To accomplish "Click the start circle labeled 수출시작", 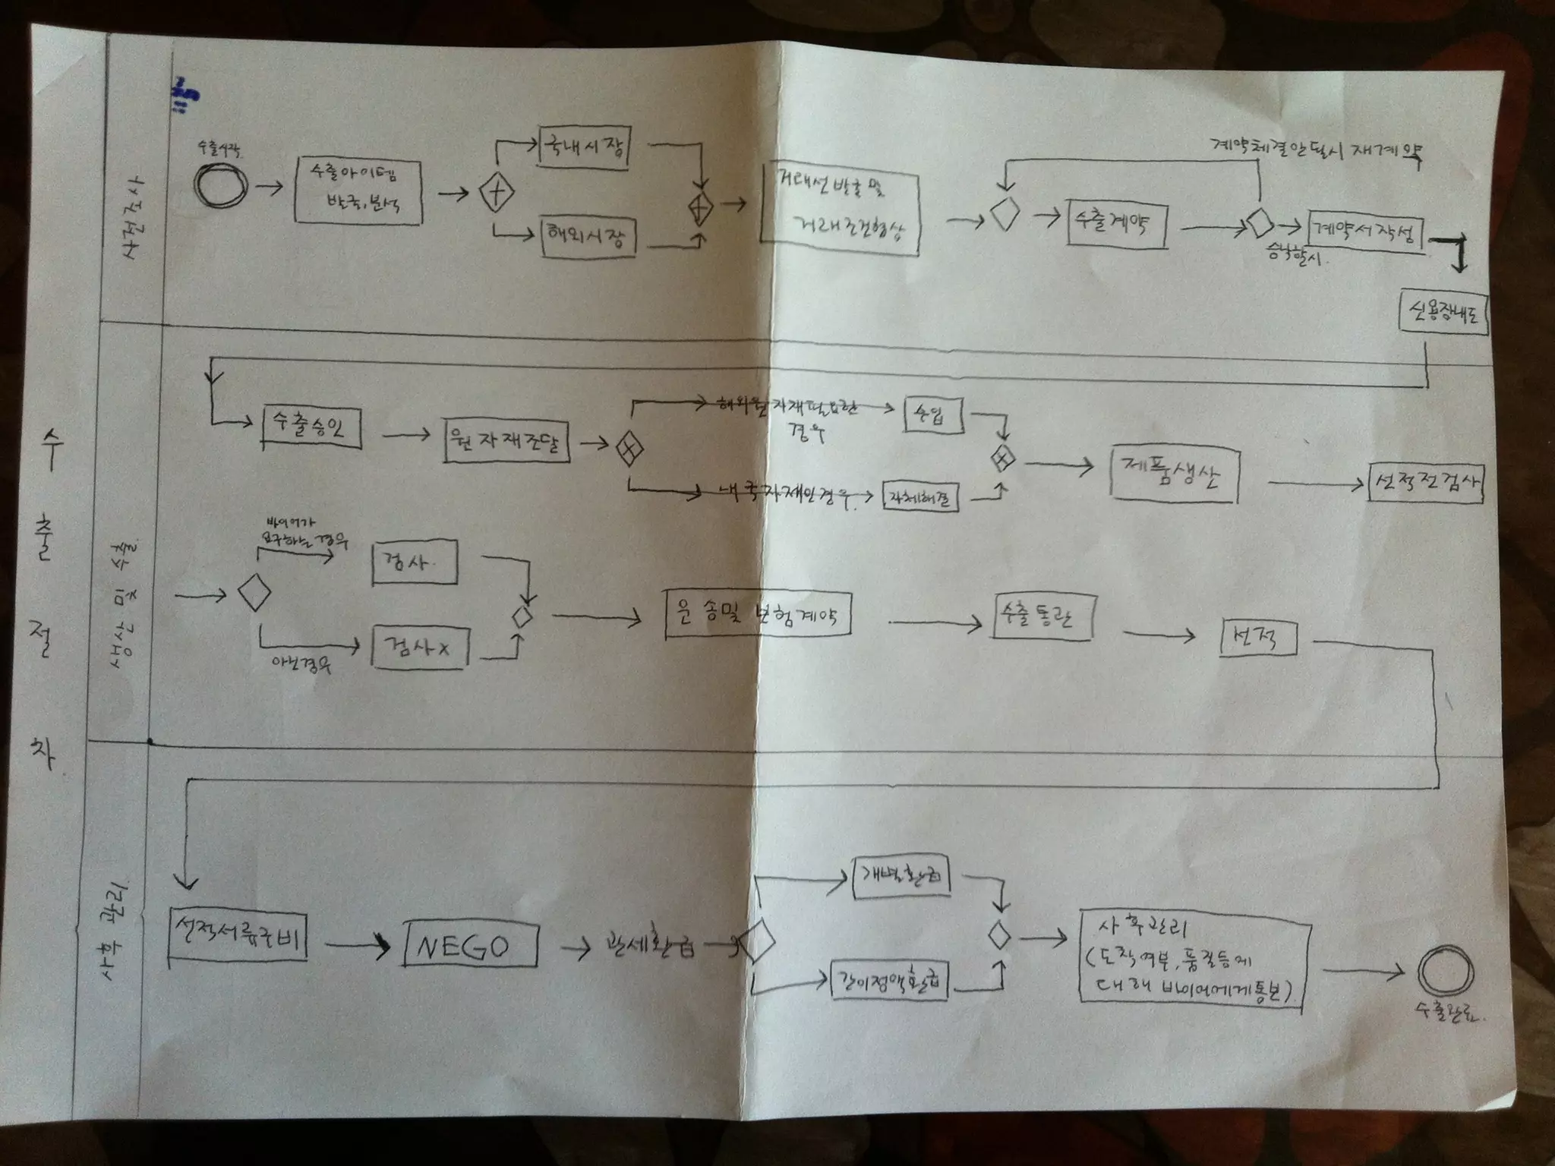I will (x=220, y=186).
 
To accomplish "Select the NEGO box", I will (x=471, y=944).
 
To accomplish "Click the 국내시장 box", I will (x=584, y=146).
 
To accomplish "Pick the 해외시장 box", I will (x=588, y=237).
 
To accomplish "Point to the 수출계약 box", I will (x=1115, y=222).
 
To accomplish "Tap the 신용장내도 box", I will (x=1442, y=313).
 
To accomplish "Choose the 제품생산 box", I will (x=1173, y=475).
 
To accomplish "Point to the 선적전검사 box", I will (x=1425, y=482).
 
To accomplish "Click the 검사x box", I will (x=420, y=648).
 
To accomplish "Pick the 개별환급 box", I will (x=901, y=879).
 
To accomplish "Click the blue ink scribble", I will (x=184, y=96).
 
